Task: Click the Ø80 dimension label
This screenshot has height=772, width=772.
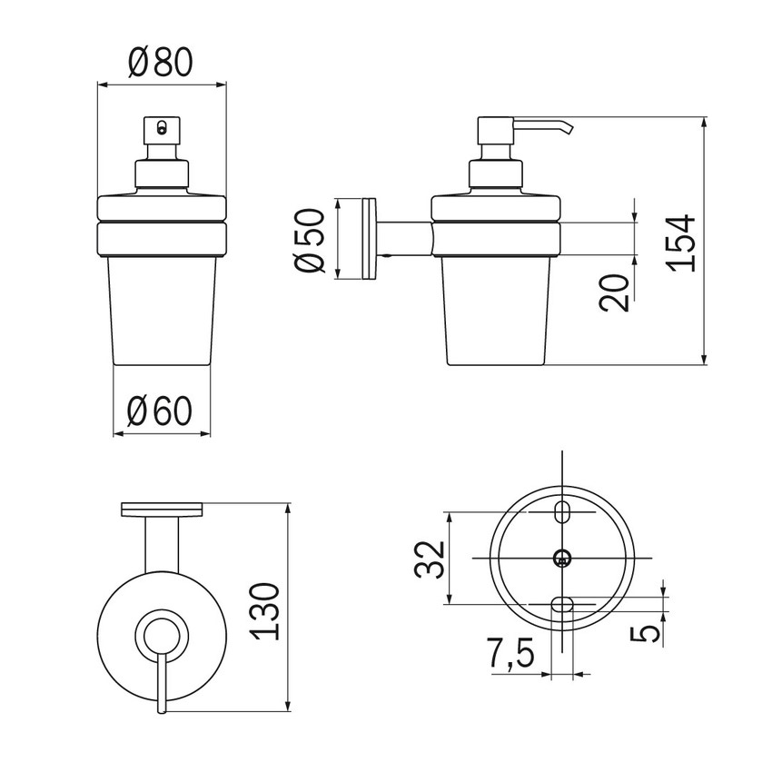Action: (161, 63)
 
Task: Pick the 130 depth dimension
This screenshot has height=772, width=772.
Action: (266, 611)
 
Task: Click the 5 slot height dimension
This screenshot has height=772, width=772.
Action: (646, 633)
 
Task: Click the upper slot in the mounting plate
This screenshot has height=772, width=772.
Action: (563, 511)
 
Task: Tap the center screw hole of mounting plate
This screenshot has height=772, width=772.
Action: (563, 557)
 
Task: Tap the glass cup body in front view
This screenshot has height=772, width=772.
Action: (161, 309)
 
